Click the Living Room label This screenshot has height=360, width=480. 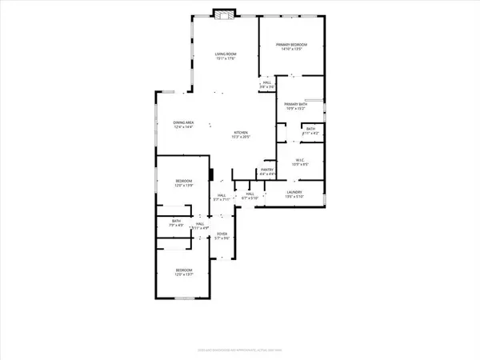point(225,53)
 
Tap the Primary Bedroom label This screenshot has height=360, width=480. point(292,44)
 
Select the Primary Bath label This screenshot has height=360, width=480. point(295,104)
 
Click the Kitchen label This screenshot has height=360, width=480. point(241,132)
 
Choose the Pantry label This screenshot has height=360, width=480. point(267,169)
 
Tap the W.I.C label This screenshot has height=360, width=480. point(302,158)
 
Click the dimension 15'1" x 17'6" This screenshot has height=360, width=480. point(225,58)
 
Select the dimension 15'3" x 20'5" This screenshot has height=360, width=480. point(241,137)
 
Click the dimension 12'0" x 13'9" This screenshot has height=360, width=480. point(185,186)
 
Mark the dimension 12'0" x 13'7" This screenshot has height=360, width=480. point(185,276)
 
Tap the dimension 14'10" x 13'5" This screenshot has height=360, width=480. point(292,49)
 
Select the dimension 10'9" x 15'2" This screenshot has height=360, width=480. point(295,109)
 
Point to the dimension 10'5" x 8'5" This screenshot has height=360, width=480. point(302,163)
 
